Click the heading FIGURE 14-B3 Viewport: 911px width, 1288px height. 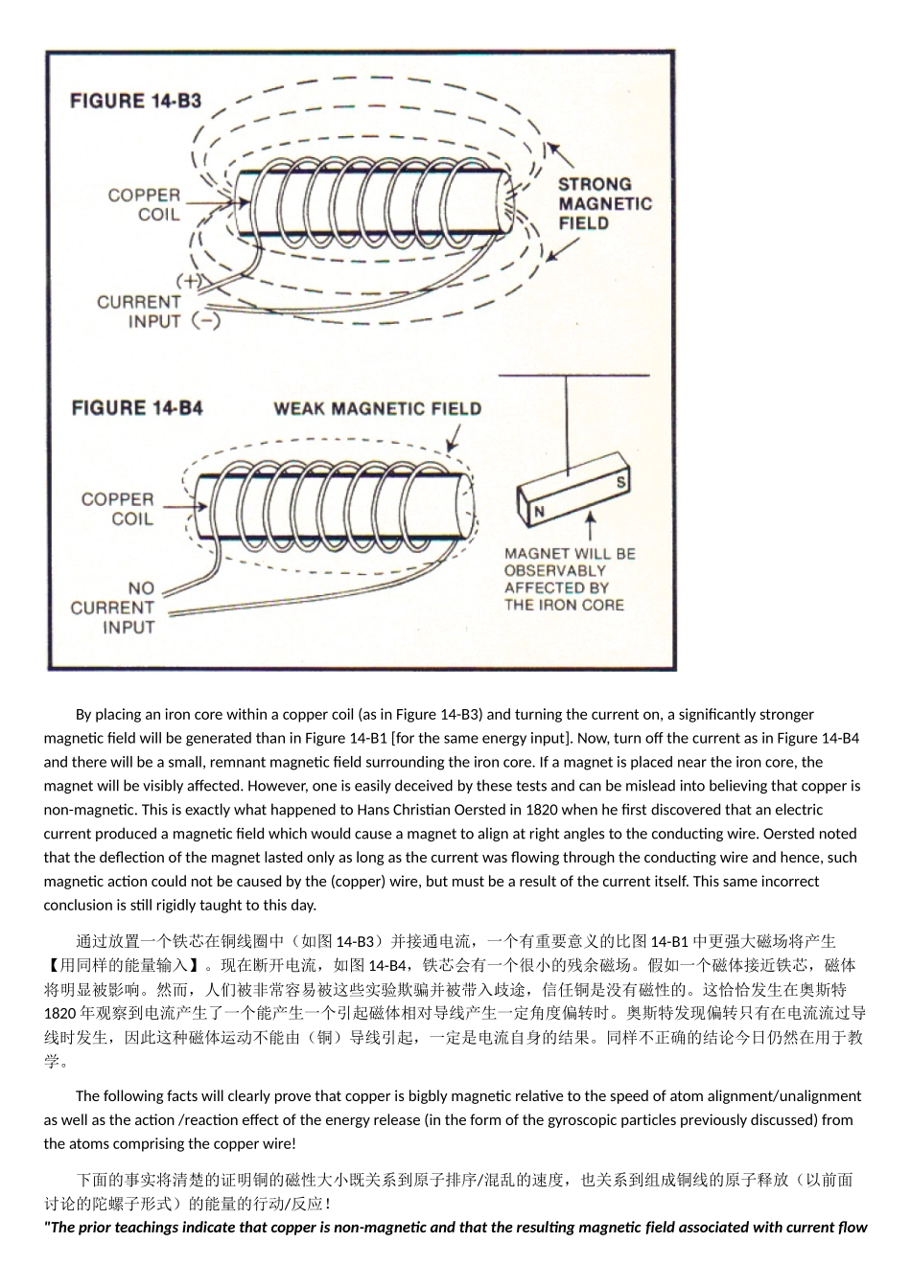[136, 101]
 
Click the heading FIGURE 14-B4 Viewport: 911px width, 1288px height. [137, 408]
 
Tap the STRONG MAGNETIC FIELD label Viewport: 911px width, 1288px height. [604, 203]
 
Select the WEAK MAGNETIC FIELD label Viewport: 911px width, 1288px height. [378, 409]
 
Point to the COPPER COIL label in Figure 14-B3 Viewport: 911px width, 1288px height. [144, 204]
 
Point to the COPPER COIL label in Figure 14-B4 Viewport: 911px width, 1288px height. [117, 509]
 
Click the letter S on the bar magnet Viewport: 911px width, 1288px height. [620, 482]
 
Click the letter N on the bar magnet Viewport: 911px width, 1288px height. [539, 513]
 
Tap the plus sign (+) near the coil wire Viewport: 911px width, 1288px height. [190, 281]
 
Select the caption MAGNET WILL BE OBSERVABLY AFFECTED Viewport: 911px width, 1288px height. [570, 579]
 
